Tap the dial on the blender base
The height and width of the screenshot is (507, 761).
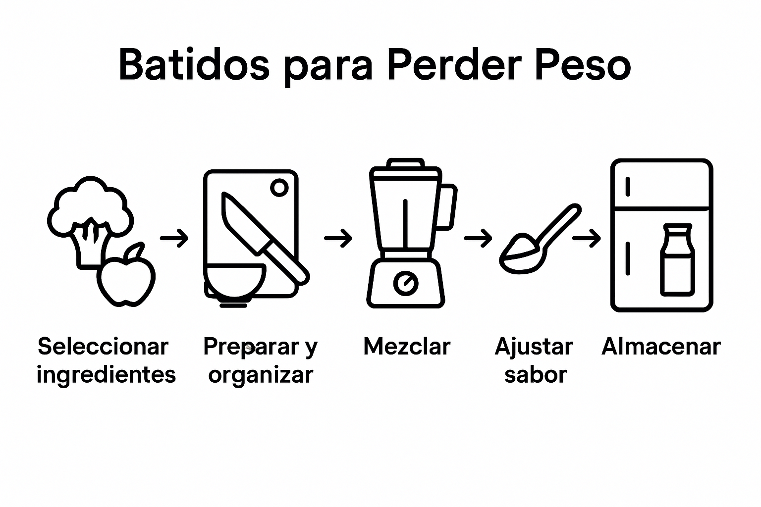tap(406, 283)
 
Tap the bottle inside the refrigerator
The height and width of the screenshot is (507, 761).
tap(677, 259)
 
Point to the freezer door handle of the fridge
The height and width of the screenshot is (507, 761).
tap(628, 187)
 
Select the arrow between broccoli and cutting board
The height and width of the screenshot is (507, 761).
tap(174, 238)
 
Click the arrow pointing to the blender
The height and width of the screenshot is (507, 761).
tap(338, 238)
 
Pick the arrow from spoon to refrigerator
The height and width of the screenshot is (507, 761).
tap(587, 238)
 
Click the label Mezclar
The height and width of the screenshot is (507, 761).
tap(407, 347)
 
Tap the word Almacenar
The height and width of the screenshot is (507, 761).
tap(661, 347)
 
